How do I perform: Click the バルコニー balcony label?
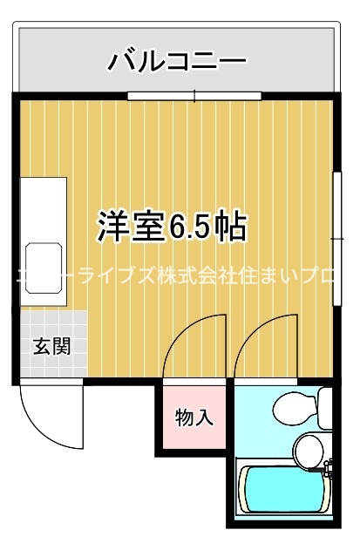click(178, 62)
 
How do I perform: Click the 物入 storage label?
click(194, 417)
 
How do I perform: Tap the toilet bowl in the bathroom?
click(291, 407)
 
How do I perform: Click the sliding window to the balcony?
click(194, 96)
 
